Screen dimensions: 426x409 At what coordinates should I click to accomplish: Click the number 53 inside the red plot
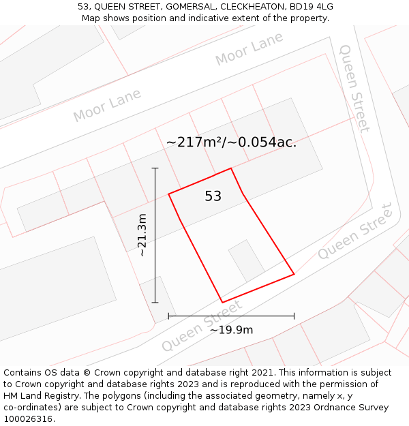point(213,196)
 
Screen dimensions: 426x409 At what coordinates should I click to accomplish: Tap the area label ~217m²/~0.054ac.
point(231,142)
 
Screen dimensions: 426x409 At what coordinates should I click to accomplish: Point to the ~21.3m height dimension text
point(142,235)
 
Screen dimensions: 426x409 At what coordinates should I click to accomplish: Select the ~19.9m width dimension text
point(231,330)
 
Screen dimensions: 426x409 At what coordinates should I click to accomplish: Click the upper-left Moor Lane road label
point(107,106)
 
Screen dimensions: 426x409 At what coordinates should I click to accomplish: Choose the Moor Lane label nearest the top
point(249,50)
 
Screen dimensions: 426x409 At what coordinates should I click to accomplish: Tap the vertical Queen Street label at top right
point(354,88)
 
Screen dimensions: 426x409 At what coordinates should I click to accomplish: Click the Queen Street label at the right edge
point(357,231)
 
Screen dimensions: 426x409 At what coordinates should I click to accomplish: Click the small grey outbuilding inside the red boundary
point(246,260)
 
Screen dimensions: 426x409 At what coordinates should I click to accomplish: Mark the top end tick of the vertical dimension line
point(155,168)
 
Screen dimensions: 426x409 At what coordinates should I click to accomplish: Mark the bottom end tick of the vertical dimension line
point(155,302)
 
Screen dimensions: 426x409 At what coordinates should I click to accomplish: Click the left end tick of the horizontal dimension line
point(168,316)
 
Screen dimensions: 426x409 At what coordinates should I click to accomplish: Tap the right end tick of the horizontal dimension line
point(294,316)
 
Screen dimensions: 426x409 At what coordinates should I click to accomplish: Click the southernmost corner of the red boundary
point(222,302)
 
